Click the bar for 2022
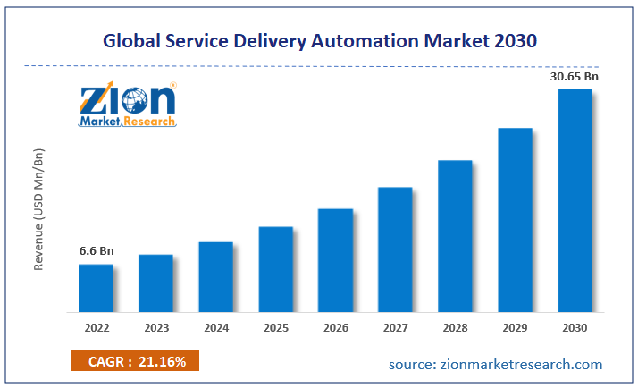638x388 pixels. [x=96, y=288]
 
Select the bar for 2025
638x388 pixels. [x=276, y=269]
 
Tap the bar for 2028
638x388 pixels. [x=455, y=236]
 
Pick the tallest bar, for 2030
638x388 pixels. [x=575, y=200]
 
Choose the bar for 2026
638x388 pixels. [x=335, y=260]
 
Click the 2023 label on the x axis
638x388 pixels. [x=155, y=328]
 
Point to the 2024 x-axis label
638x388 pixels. [x=216, y=328]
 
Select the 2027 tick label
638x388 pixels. [x=395, y=328]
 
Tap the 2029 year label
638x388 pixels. [x=515, y=328]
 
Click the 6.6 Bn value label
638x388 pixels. [x=96, y=251]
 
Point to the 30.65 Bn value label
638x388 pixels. [x=575, y=77]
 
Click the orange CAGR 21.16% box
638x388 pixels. [x=134, y=361]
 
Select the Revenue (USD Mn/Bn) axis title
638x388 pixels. [x=39, y=209]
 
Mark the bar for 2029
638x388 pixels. [x=515, y=220]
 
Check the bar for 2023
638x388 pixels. [x=155, y=283]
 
